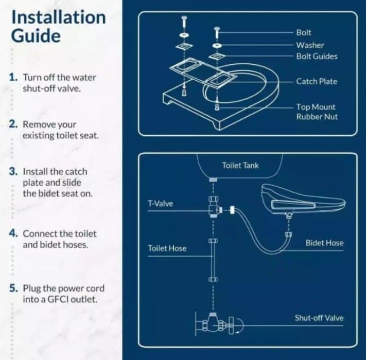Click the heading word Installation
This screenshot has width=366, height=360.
point(58,17)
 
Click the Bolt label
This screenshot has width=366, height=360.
point(304,32)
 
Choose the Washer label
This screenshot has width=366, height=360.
point(309,45)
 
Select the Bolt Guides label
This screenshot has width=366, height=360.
point(317,56)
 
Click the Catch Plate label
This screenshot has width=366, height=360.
point(317,81)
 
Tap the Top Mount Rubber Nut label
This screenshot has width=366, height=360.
point(316,112)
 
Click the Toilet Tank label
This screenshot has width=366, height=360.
point(240,165)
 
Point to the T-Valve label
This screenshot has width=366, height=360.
point(160,203)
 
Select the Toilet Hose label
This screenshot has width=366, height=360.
point(167,248)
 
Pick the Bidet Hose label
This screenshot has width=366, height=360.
point(324,243)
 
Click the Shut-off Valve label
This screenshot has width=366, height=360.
point(319,318)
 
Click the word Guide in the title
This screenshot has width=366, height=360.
point(36,37)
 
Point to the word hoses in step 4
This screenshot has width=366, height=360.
point(76,244)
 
